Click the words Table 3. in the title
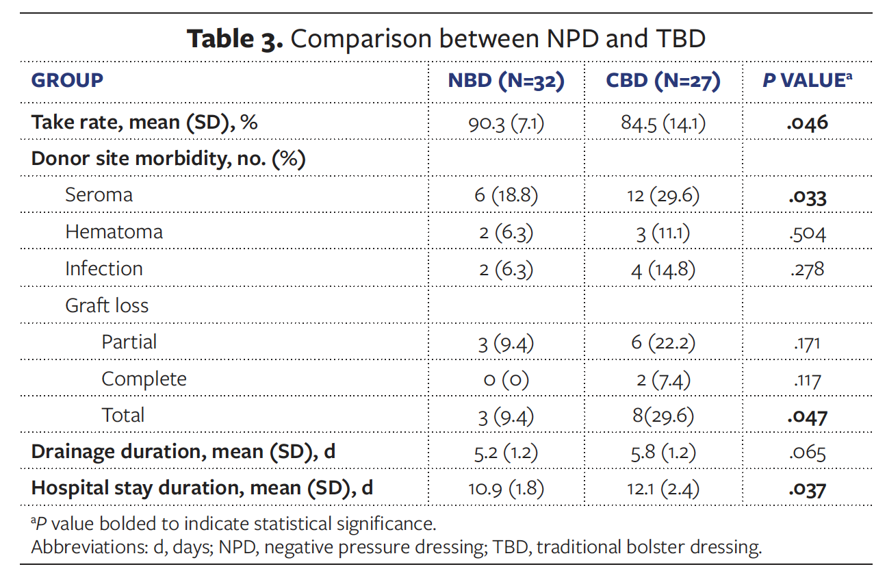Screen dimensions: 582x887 click(x=235, y=39)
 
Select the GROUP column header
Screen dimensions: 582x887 click(x=67, y=80)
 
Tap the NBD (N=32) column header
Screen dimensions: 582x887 click(x=506, y=80)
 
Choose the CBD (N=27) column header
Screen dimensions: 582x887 click(x=663, y=80)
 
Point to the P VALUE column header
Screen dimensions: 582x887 click(x=807, y=80)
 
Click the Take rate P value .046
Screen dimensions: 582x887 click(x=807, y=123)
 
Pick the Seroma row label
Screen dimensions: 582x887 click(x=99, y=195)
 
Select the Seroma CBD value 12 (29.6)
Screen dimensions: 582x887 click(x=663, y=196)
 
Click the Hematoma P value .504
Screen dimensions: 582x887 click(x=807, y=233)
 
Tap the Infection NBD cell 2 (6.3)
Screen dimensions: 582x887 click(x=506, y=269)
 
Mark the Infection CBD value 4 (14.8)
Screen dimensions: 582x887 click(x=663, y=269)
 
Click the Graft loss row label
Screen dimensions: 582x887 click(x=107, y=305)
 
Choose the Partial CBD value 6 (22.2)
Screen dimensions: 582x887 click(x=663, y=342)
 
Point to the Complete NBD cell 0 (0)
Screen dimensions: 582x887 click(x=506, y=379)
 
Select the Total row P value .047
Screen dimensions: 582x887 click(x=807, y=416)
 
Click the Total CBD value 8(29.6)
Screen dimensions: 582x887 click(x=663, y=416)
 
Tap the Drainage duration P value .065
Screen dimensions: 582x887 click(x=807, y=453)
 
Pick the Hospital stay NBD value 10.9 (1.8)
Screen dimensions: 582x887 click(x=506, y=490)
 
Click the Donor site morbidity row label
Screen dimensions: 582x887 click(x=168, y=159)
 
